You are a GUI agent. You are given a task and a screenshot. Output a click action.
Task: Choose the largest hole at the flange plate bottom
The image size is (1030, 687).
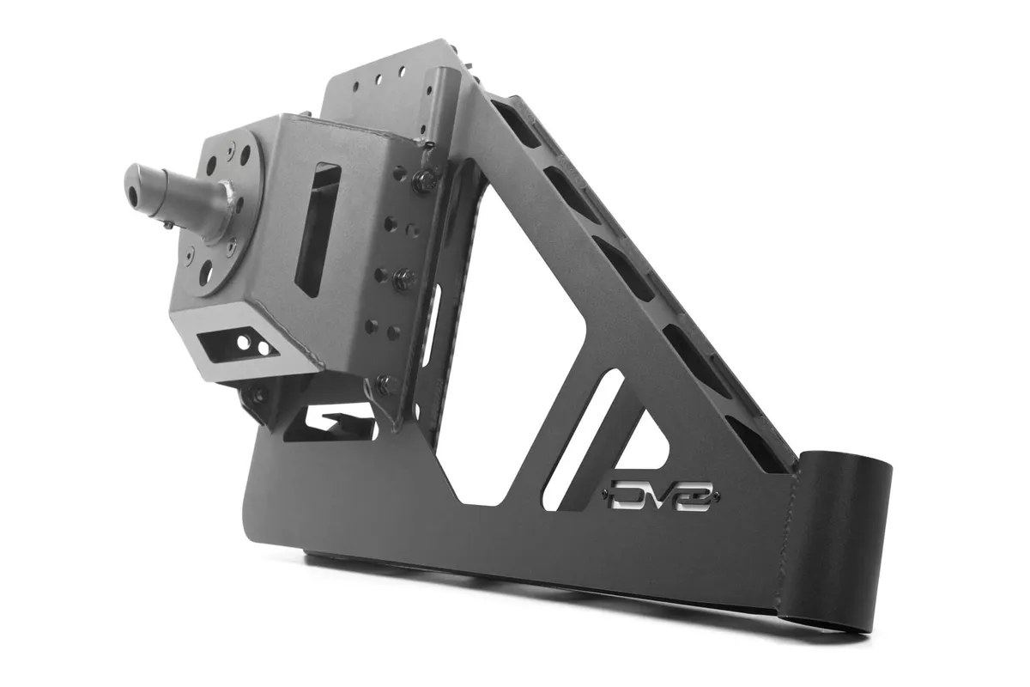pyautogui.click(x=207, y=278)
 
